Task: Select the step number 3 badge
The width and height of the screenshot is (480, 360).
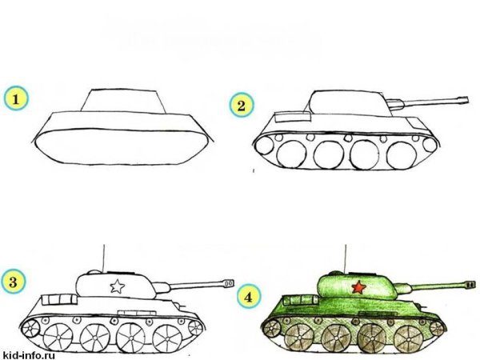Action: (14, 282)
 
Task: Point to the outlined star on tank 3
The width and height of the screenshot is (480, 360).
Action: (117, 285)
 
